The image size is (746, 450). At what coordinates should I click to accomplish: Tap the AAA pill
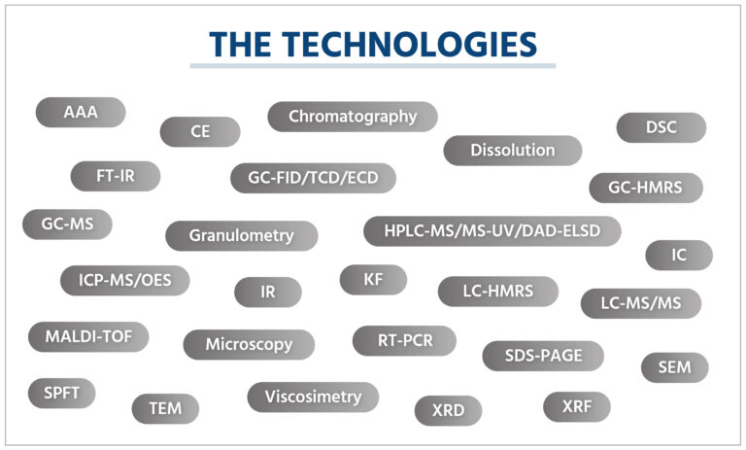(x=81, y=113)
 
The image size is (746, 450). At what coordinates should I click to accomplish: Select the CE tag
(x=200, y=131)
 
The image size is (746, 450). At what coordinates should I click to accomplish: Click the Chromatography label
(x=353, y=117)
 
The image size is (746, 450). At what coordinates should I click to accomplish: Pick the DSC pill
(x=661, y=127)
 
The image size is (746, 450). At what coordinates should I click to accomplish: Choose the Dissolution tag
(x=513, y=151)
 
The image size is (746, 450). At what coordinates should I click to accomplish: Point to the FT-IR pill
(x=116, y=176)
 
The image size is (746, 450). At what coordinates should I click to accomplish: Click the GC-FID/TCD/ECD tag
(x=313, y=178)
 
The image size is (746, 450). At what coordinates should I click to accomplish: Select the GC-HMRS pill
(x=646, y=188)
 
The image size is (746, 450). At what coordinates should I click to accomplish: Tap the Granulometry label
(x=242, y=236)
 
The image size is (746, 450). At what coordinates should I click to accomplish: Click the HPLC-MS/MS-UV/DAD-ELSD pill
(x=492, y=231)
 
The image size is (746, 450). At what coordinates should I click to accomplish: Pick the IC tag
(x=679, y=256)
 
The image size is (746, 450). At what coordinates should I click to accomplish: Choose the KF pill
(x=373, y=280)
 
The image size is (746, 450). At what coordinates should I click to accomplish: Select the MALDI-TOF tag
(x=88, y=336)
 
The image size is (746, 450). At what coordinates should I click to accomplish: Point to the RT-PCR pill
(x=404, y=340)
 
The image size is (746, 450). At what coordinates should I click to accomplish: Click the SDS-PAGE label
(x=543, y=356)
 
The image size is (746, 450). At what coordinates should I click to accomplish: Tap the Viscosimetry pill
(x=313, y=397)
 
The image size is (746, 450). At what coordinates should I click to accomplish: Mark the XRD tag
(x=448, y=410)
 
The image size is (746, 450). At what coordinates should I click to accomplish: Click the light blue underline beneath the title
(x=373, y=66)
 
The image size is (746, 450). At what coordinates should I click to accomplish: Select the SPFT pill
(x=62, y=394)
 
